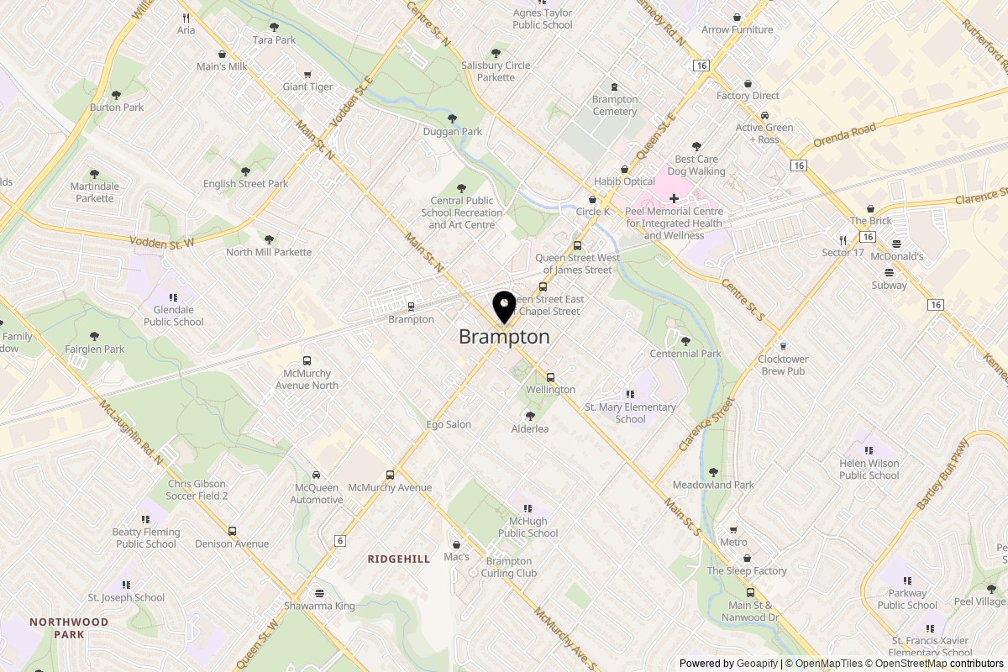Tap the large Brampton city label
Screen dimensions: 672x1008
coord(504,337)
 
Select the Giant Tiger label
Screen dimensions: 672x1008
coord(307,87)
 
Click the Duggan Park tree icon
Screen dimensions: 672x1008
coord(453,118)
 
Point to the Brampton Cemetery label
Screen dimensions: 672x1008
coord(614,105)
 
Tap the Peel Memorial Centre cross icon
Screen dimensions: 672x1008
coord(674,197)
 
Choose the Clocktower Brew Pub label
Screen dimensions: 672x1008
coord(782,365)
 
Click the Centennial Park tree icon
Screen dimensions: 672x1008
coord(685,340)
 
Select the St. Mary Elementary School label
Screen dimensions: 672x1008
coord(630,413)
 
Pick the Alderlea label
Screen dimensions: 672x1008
coord(530,428)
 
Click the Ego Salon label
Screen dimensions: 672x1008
coord(449,424)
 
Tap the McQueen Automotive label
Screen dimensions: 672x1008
coord(317,494)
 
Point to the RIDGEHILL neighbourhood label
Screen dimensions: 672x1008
coord(399,559)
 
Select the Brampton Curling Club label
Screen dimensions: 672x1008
coord(509,567)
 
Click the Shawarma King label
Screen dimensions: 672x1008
coord(320,606)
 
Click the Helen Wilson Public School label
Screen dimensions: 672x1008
coord(869,469)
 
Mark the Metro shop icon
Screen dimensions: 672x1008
coord(733,530)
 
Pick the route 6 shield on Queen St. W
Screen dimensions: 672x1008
coord(339,541)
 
